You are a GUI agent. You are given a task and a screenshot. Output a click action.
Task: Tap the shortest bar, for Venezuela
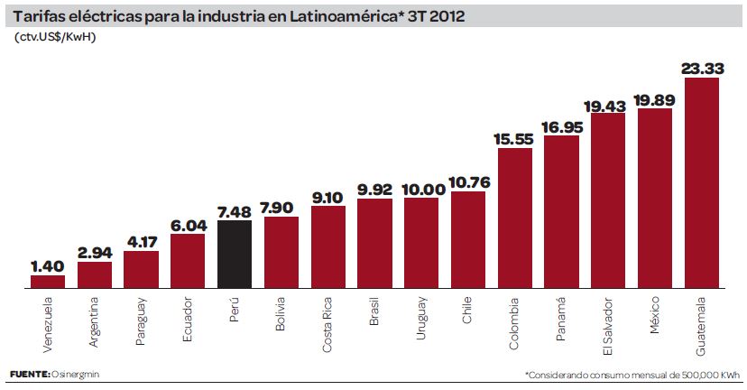coord(48,282)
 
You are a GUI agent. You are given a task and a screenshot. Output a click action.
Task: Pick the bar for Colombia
coord(514,218)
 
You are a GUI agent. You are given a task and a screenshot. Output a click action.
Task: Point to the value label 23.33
coord(702,68)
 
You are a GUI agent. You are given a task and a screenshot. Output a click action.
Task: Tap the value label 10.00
coord(421,189)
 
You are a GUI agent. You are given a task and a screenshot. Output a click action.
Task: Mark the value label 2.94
coord(95,252)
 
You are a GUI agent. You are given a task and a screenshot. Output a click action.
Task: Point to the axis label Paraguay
coord(142,320)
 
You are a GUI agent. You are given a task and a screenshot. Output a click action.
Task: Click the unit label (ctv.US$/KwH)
coord(56,37)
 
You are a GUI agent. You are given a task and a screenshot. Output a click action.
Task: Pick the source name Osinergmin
coord(77,374)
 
